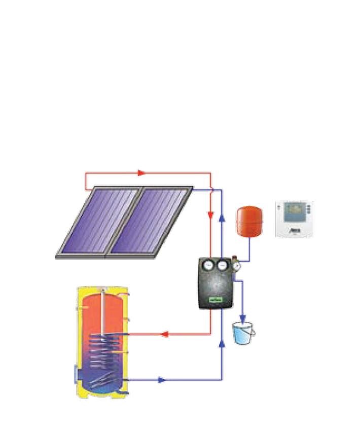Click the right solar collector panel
[x=150, y=221]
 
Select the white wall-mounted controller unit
[x=295, y=219]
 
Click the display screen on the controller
[x=294, y=210]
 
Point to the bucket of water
[x=243, y=333]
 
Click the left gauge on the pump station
[x=208, y=265]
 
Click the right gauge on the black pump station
[x=222, y=265]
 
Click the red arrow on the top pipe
[x=141, y=173]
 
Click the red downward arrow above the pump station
[x=210, y=215]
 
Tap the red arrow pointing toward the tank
[x=163, y=334]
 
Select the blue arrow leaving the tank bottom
[x=161, y=380]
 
